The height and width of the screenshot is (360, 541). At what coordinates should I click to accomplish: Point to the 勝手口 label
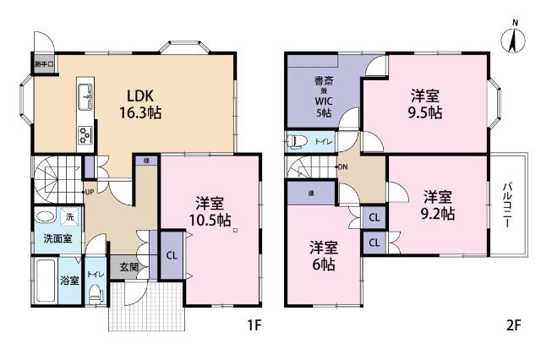[45, 64]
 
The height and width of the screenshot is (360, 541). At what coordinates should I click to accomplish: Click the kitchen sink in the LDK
[85, 97]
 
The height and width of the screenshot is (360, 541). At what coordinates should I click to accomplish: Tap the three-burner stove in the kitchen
[86, 135]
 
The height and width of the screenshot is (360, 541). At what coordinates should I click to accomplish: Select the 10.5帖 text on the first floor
[211, 220]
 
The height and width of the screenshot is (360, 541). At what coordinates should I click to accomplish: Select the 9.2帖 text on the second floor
[438, 214]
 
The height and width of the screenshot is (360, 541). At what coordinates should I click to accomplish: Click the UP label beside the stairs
[89, 193]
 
